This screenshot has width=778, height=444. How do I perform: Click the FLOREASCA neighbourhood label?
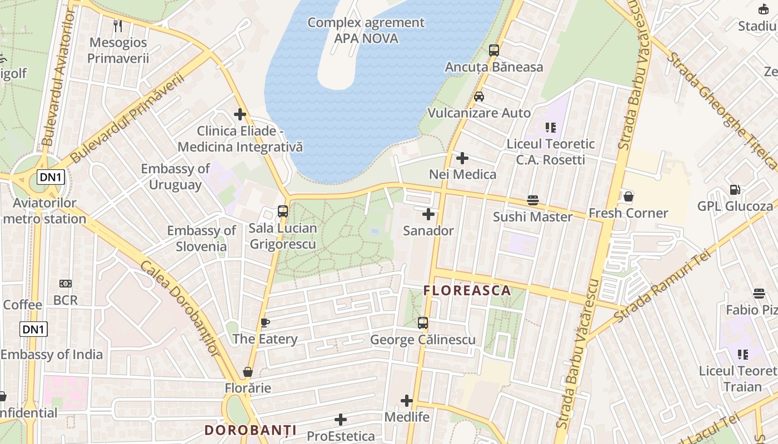(x=467, y=290)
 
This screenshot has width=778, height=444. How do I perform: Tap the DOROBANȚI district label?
(x=250, y=430)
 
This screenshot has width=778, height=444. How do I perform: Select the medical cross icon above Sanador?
(x=428, y=214)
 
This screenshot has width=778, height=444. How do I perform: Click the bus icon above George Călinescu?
(x=423, y=322)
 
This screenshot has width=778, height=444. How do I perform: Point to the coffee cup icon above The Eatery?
(x=265, y=322)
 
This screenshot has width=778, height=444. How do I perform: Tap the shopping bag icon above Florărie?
(x=248, y=372)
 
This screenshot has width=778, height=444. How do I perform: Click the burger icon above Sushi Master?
(x=533, y=200)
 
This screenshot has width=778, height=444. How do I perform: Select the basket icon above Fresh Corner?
(x=629, y=196)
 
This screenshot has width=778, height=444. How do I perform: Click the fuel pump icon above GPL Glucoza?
(x=735, y=190)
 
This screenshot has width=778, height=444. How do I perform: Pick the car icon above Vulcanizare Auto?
(x=479, y=97)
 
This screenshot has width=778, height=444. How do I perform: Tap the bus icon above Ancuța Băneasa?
(x=494, y=51)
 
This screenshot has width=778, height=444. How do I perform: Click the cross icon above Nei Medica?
(x=462, y=158)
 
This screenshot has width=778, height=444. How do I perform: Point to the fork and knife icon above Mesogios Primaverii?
(x=118, y=26)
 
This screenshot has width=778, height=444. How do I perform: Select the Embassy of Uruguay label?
(x=175, y=176)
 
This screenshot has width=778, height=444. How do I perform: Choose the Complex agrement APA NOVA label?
(x=366, y=31)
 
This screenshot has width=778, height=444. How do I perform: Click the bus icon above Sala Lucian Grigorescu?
(x=283, y=211)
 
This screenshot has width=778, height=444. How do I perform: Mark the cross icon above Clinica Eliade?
(x=240, y=115)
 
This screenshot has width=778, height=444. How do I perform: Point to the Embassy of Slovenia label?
(x=201, y=238)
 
